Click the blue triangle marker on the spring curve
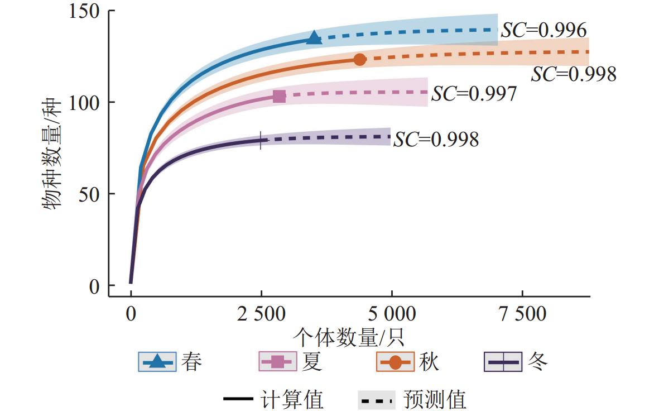coord(314,38)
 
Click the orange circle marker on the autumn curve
coord(360,59)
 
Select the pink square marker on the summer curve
coord(280,96)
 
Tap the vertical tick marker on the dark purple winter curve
coord(261,140)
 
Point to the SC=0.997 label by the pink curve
coord(474,94)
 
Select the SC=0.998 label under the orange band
coord(574,74)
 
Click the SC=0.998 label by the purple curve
coord(436,139)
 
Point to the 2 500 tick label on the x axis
coord(261,314)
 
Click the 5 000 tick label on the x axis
coord(392,314)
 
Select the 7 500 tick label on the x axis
coord(522,314)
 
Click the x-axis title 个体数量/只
coord(348,337)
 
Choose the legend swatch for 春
coord(157,362)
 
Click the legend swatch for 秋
coord(396,362)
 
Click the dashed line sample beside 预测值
coord(376,400)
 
